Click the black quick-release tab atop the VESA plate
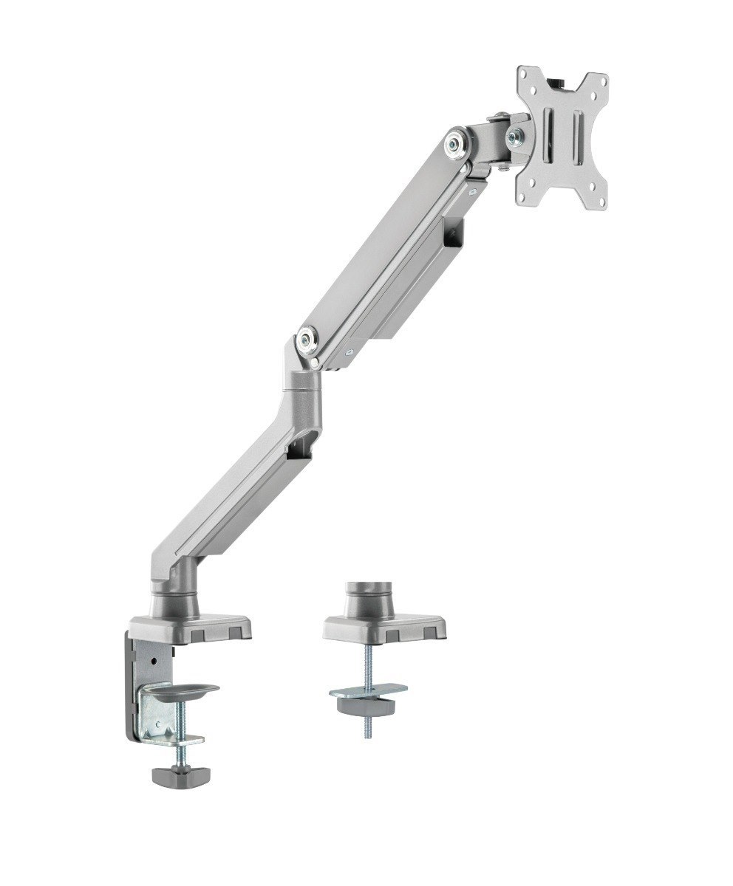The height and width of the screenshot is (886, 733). (561, 78)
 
